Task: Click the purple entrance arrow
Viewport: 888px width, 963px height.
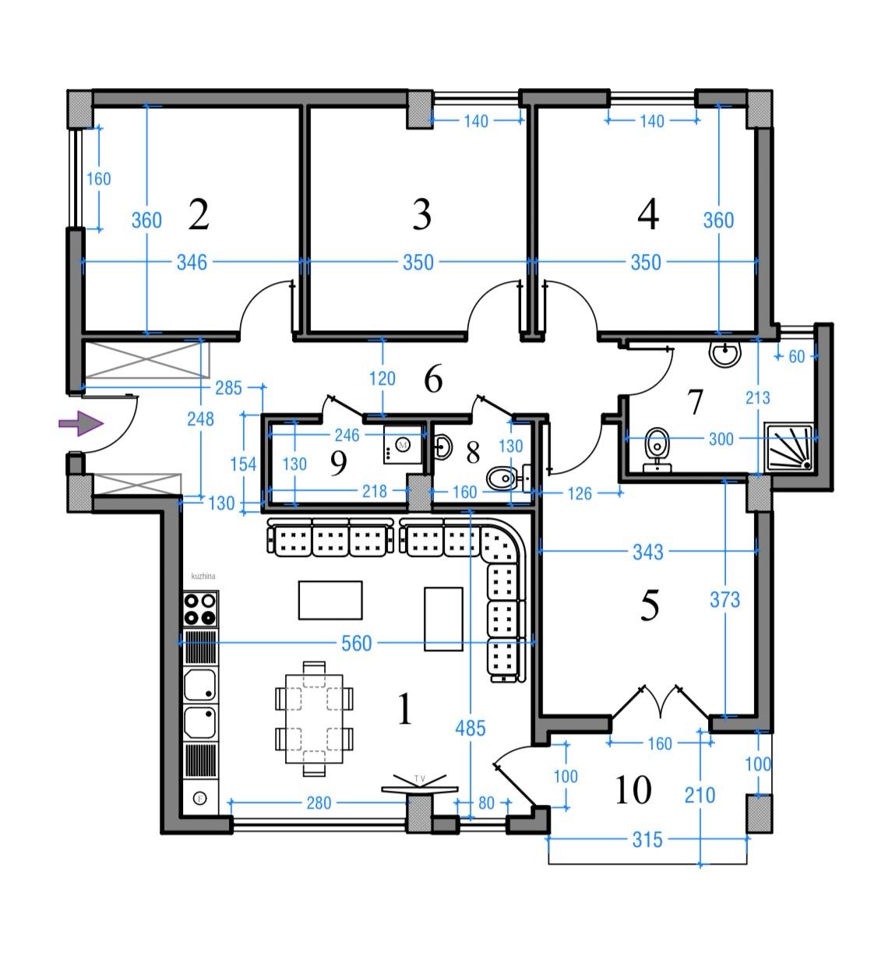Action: (x=80, y=423)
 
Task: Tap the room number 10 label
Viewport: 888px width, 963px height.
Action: (x=633, y=789)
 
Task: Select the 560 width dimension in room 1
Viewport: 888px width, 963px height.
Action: (x=357, y=644)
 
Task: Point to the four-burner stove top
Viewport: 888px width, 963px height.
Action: (x=200, y=609)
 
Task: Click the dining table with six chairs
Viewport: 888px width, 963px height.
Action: (x=314, y=719)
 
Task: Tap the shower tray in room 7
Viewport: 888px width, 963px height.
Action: (x=788, y=447)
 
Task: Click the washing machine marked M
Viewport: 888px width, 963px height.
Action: (x=403, y=445)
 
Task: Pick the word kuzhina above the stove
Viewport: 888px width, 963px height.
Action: (x=203, y=576)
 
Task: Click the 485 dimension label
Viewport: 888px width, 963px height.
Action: (x=470, y=728)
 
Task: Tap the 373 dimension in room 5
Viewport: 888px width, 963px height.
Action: (x=724, y=600)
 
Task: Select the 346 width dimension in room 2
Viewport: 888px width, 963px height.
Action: (x=192, y=263)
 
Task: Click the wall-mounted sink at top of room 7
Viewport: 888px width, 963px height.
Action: (x=725, y=354)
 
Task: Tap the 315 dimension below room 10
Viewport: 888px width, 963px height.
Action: (x=647, y=840)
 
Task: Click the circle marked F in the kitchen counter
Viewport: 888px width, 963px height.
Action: (x=200, y=798)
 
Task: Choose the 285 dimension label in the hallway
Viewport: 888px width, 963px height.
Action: (x=228, y=388)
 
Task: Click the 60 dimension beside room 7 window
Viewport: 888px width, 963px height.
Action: (x=797, y=356)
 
